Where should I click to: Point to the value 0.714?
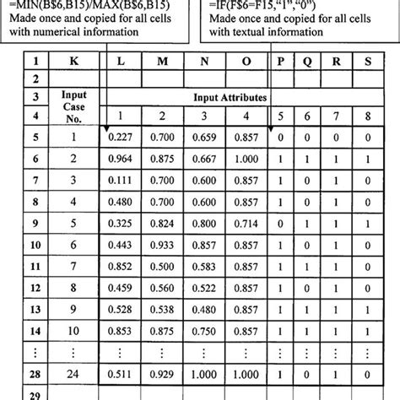(x=249, y=223)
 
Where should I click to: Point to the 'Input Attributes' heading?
(x=228, y=97)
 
